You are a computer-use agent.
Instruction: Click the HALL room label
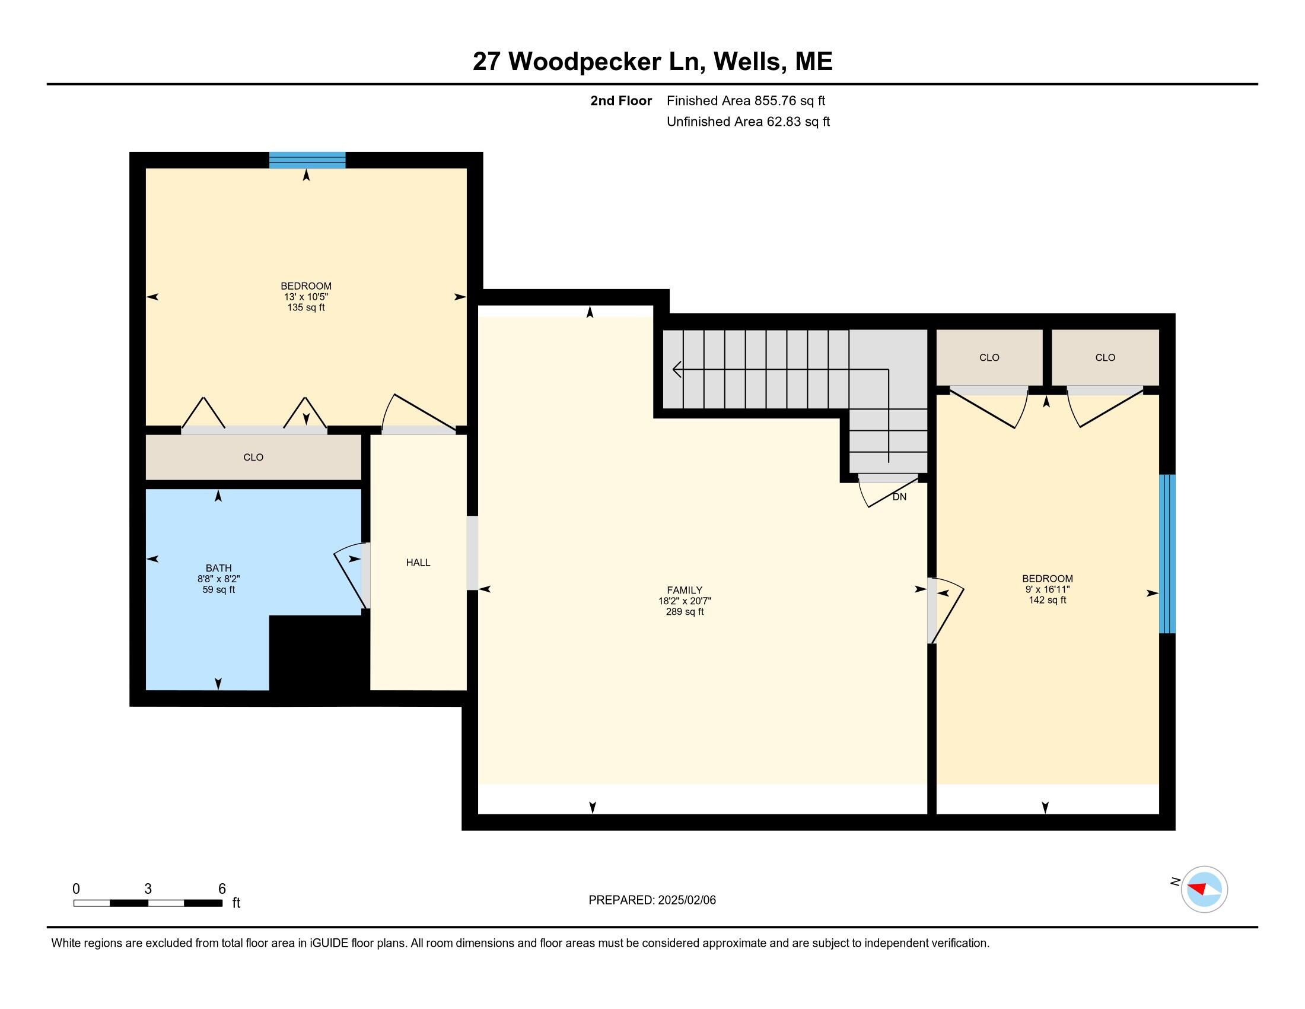point(418,563)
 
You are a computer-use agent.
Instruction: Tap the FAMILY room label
point(685,590)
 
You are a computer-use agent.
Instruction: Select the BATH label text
point(219,568)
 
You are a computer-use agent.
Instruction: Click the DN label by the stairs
point(899,497)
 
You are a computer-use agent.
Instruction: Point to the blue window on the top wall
point(307,160)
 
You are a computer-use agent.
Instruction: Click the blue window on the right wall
point(1167,554)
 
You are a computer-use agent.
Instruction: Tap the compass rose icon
point(1204,889)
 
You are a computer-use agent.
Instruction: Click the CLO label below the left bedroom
point(253,457)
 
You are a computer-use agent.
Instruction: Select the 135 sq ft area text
point(306,307)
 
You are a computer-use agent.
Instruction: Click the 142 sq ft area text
point(1048,599)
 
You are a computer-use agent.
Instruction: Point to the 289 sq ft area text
point(685,611)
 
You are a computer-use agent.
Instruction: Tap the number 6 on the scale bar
point(222,889)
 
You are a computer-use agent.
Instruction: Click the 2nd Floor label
point(621,101)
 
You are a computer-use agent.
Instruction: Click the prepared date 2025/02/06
point(686,900)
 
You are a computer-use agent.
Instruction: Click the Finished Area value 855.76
point(776,101)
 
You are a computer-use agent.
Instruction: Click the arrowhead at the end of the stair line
point(677,369)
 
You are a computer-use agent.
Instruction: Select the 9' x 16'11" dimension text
point(1048,589)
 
